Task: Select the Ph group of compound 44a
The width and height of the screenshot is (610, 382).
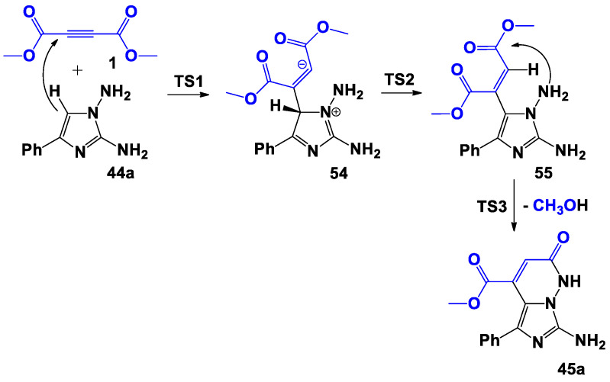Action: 23,143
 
